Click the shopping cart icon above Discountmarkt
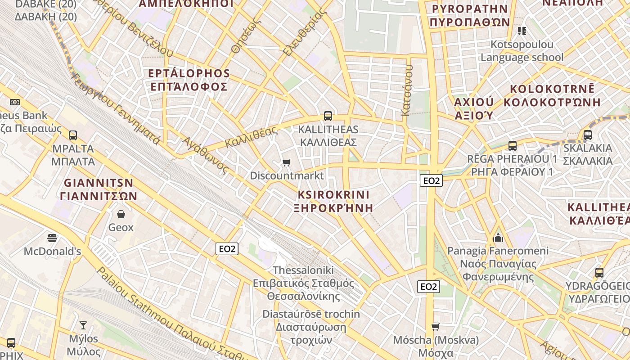286,162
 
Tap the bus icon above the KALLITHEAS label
328,116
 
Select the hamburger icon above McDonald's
52,238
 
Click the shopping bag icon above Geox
121,214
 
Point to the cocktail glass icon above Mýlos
83,325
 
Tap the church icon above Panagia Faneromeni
498,237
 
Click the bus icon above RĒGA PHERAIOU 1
513,145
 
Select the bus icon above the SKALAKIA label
587,135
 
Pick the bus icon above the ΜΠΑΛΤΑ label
73,135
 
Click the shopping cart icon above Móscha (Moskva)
435,327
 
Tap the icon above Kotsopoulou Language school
522,31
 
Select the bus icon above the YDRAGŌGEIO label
599,272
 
